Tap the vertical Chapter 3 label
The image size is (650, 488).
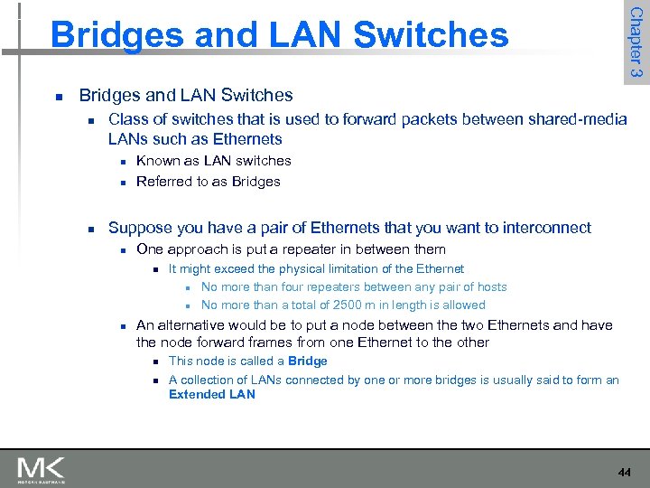(636, 42)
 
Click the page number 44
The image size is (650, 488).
(624, 473)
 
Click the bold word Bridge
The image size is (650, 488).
(308, 361)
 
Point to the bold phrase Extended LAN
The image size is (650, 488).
(212, 394)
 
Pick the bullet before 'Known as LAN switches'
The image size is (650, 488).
(120, 162)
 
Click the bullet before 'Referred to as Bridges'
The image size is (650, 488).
(120, 182)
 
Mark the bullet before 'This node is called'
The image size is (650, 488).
(154, 361)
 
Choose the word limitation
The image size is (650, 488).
(367, 268)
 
